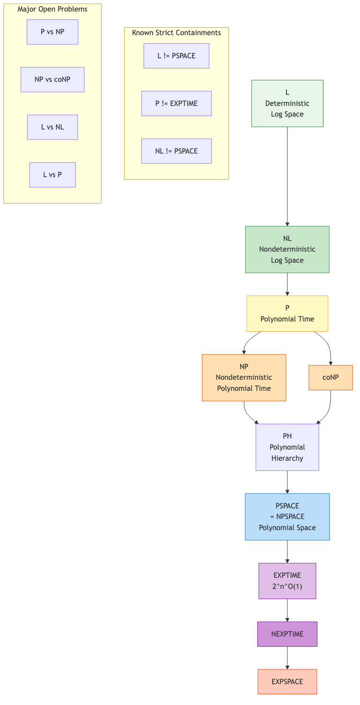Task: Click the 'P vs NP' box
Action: coord(52,32)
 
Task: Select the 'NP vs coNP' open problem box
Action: coord(52,80)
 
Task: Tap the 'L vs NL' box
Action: coord(52,127)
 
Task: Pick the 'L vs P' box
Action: coord(52,175)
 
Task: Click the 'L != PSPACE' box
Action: coord(176,56)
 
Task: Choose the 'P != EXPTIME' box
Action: coord(176,104)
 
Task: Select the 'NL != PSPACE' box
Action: coord(176,151)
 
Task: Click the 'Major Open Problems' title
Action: coord(52,9)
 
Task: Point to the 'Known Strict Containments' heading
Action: coord(176,33)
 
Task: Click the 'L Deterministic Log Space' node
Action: coord(287,103)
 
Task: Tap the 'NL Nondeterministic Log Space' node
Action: coord(287,249)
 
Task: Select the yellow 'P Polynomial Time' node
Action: coord(287,314)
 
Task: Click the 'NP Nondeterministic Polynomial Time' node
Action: coord(244,377)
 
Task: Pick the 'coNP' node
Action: coord(330,377)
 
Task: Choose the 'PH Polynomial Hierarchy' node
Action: coord(287,447)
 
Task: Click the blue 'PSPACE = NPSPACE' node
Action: coord(287,517)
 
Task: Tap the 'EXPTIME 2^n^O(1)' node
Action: coord(287,581)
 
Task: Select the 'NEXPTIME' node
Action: coord(287,634)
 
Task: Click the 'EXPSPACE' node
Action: coord(287,682)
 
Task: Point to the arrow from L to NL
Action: coord(287,176)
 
